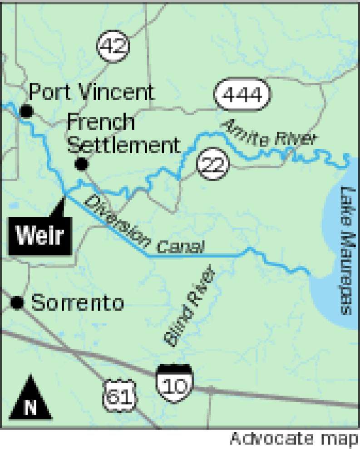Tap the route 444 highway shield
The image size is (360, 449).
pos(243,95)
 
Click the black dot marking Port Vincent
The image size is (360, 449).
pos(27,110)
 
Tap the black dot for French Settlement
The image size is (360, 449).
pos(81,164)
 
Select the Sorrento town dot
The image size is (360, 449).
pos(17,303)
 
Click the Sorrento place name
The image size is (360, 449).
pos(78,303)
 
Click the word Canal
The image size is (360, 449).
pos(180,247)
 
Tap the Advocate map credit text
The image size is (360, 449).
pos(294,439)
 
